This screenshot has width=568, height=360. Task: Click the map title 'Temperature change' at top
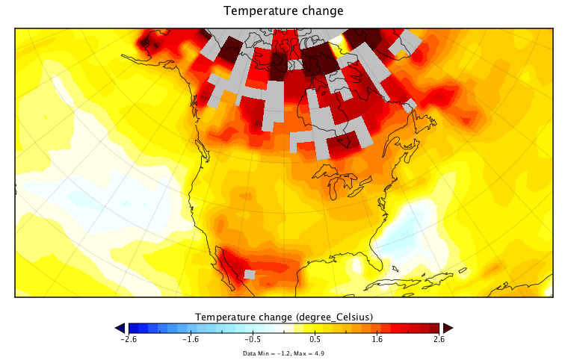[283, 11]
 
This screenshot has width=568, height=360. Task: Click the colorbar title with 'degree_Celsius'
[284, 316]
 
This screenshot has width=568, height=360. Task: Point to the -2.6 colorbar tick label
[129, 339]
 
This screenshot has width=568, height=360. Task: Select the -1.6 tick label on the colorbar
[191, 339]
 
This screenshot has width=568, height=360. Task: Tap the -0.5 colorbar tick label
[253, 339]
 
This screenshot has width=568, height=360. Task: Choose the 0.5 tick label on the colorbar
[315, 339]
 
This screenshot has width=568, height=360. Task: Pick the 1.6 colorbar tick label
[377, 339]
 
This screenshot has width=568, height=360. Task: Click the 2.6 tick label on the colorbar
[439, 339]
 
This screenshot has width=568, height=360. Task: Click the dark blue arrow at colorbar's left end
[120, 328]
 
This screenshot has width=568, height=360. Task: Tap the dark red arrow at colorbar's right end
[448, 328]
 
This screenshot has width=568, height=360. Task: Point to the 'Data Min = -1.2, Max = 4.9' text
[283, 353]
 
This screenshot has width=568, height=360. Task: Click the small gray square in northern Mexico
[250, 275]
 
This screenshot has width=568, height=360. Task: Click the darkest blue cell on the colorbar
[132, 328]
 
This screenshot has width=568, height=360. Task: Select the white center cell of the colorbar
[284, 328]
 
